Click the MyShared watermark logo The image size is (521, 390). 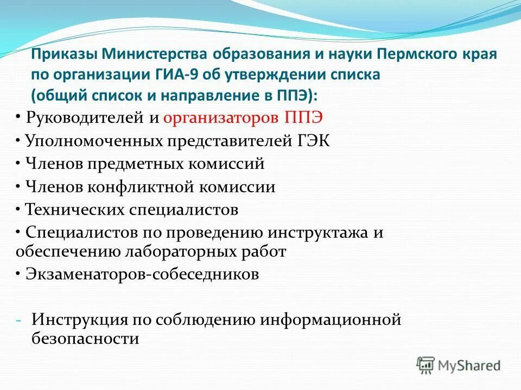pyautogui.click(x=459, y=365)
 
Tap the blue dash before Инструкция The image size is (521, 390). pyautogui.click(x=20, y=320)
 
